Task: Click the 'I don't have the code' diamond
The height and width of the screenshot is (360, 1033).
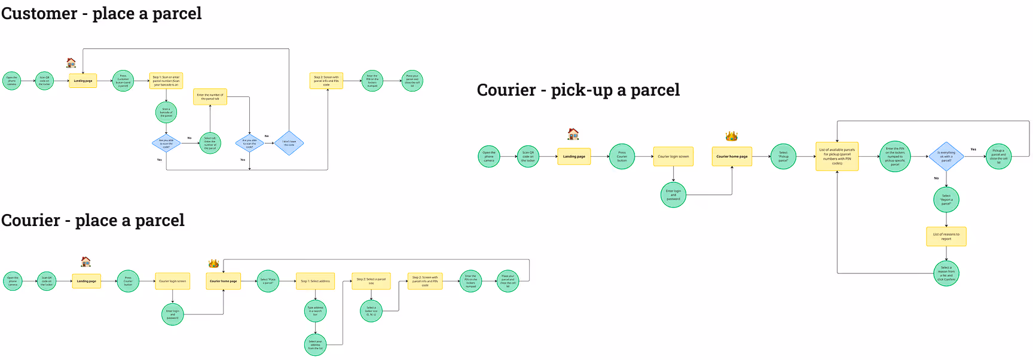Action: point(289,144)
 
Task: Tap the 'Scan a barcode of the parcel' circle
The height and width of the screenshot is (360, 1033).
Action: point(166,112)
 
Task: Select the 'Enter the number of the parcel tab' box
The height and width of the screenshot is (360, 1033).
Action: point(210,97)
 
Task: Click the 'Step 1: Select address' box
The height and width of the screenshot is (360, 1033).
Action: point(315,281)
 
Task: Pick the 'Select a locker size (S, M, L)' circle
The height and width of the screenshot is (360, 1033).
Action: point(371,311)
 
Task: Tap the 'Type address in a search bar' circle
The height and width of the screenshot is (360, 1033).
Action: point(315,311)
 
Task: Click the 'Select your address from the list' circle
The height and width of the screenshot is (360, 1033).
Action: point(315,345)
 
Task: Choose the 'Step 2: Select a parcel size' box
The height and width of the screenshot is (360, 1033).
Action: point(371,281)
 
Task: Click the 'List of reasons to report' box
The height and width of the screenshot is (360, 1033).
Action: point(946,236)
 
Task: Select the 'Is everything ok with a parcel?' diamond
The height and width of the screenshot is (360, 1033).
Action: point(946,157)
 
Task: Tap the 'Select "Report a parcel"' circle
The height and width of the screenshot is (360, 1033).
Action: point(946,200)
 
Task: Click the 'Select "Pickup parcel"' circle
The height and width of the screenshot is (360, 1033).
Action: point(783,157)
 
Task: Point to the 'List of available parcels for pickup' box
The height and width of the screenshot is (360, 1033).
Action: point(837,157)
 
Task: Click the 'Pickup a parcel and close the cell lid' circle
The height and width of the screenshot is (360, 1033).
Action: point(998,157)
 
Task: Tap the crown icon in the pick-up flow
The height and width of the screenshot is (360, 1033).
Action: point(732,136)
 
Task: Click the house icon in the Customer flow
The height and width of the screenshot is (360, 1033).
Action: point(71,63)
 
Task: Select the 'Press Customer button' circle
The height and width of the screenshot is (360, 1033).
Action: point(123,81)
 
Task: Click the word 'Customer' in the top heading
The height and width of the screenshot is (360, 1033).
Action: point(39,14)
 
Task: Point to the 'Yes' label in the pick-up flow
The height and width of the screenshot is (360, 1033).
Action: point(973,150)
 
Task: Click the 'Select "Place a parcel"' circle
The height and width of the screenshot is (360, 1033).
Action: point(268,281)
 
